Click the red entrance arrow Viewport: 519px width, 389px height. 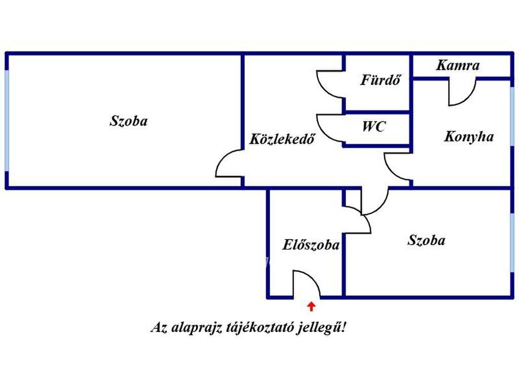(x=311, y=306)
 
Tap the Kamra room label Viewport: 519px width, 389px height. (x=458, y=65)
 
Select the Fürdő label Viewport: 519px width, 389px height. (x=380, y=80)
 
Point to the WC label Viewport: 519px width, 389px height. (x=374, y=126)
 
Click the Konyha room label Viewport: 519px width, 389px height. (x=469, y=137)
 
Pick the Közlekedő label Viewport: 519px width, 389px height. (x=282, y=139)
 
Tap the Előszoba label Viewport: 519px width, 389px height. (x=311, y=245)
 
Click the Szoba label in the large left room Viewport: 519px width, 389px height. (x=128, y=121)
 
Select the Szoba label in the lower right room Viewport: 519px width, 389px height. (x=426, y=240)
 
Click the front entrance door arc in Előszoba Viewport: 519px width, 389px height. (x=313, y=278)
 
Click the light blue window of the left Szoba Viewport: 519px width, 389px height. (x=7, y=121)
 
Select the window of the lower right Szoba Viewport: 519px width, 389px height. (x=512, y=243)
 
